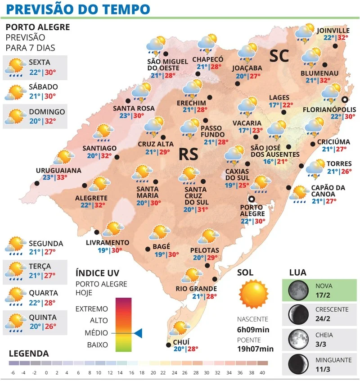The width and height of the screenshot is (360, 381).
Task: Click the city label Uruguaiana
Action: tap(59, 170)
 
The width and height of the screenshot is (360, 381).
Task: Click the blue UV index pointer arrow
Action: tap(138, 333)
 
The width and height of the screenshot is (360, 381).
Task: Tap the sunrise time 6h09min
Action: tap(253, 329)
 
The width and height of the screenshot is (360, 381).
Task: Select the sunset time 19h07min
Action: tap(256, 349)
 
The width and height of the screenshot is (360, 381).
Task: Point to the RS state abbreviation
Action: tap(189, 154)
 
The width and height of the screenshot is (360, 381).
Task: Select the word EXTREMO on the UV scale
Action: tap(92, 309)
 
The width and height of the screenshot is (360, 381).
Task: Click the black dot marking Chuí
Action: tap(169, 345)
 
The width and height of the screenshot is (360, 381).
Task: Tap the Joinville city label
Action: tap(333, 30)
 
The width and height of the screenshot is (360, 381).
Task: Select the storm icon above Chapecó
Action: tap(207, 44)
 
